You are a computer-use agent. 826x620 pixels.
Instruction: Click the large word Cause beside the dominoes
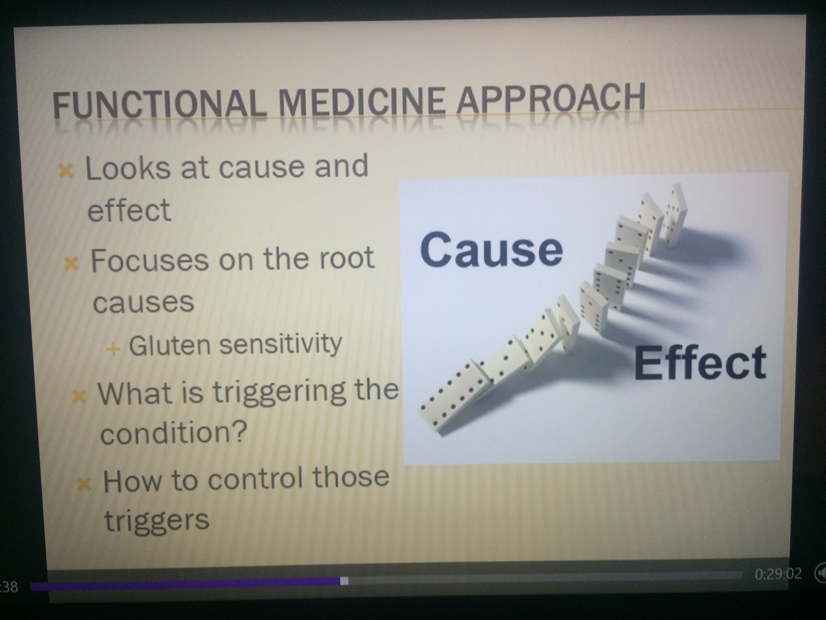click(x=491, y=249)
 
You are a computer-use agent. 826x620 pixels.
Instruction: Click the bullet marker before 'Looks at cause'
click(x=66, y=171)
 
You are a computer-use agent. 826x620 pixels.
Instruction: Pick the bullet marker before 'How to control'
click(x=84, y=485)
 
